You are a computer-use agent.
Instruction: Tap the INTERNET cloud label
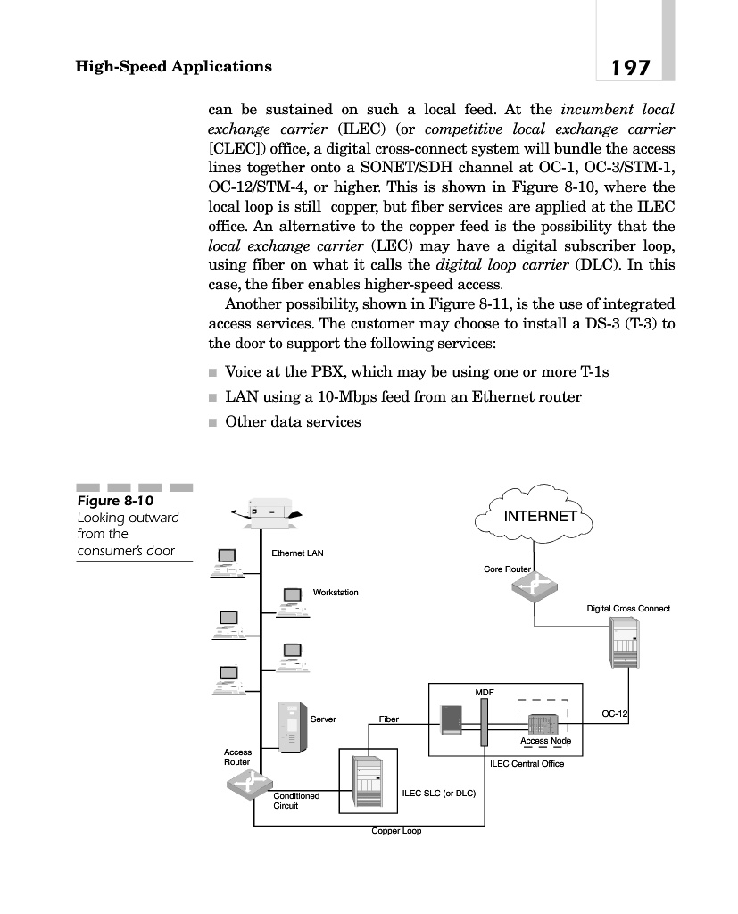point(540,516)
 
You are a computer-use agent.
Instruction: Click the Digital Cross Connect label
point(627,609)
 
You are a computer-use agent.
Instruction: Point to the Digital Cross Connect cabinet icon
point(624,642)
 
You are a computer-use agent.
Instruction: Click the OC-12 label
point(615,714)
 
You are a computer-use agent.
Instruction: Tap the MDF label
point(484,692)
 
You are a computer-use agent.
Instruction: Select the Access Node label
point(545,741)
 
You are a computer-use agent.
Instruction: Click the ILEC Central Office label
point(527,763)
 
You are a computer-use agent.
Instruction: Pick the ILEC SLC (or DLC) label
point(439,792)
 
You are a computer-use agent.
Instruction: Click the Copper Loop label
point(396,831)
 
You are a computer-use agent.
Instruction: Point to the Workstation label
point(336,592)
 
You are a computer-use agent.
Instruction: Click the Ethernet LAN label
point(297,553)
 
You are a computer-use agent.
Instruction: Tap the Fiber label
point(388,719)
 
